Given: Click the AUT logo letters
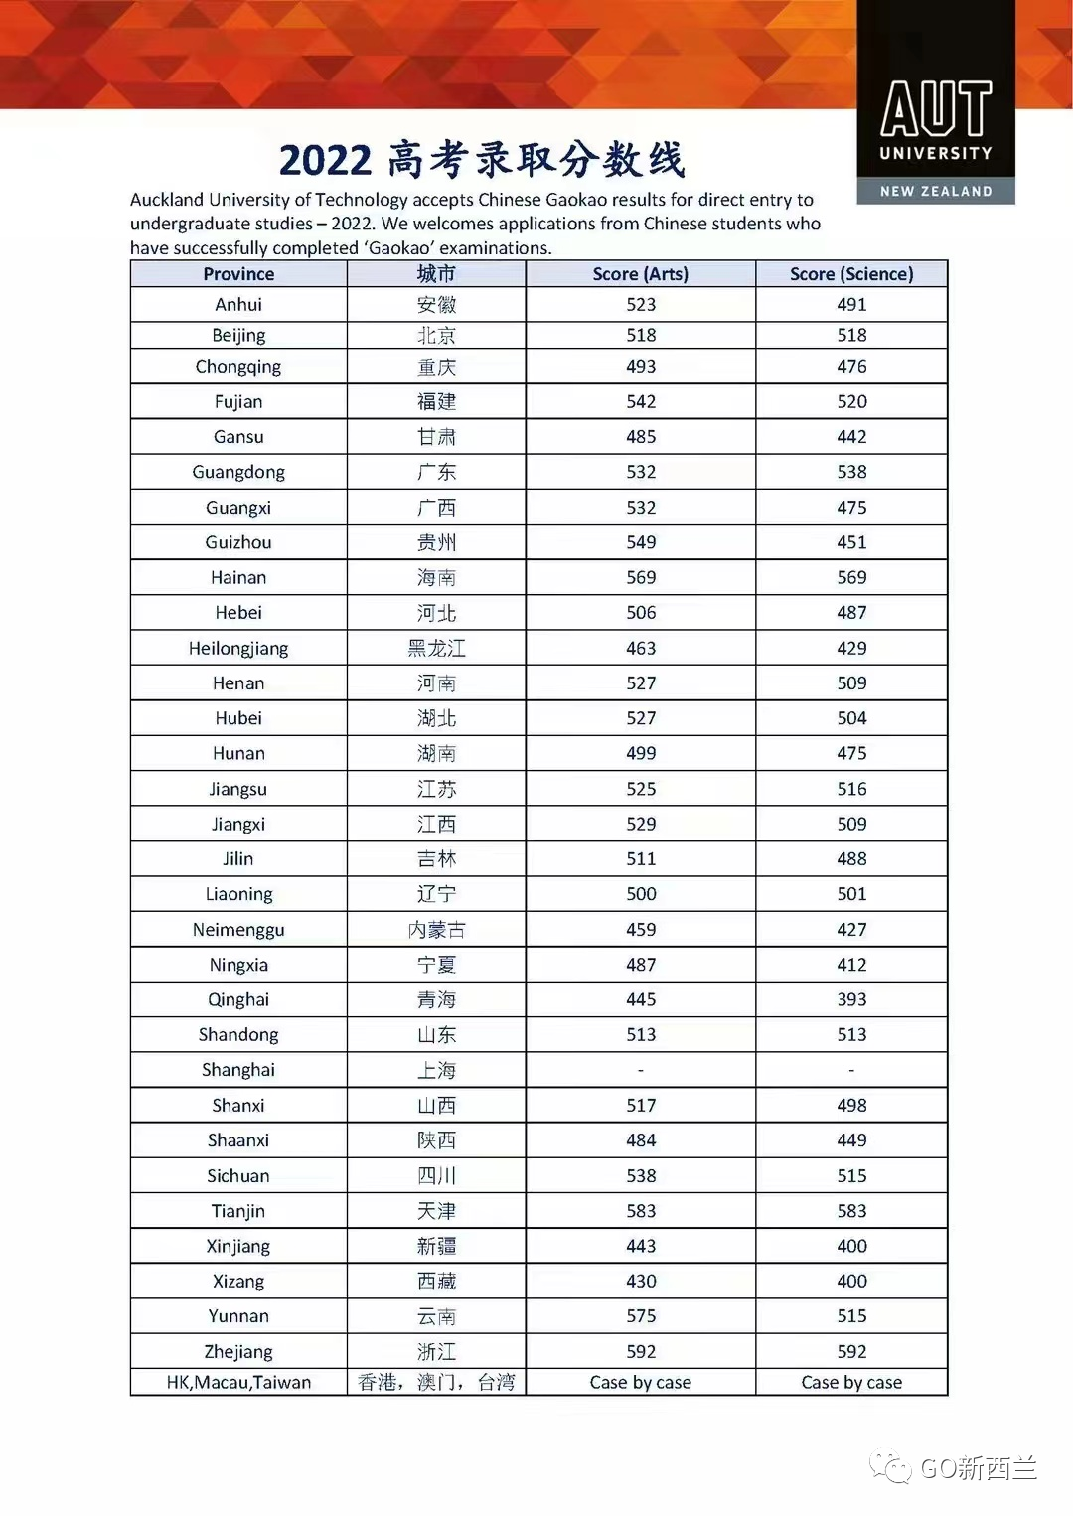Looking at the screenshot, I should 936,108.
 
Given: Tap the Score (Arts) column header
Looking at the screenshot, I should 640,274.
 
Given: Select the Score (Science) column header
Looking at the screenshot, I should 851,274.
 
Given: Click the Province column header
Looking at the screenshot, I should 238,274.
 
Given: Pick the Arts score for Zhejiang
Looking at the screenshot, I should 641,1351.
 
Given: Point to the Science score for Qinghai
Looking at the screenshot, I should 851,999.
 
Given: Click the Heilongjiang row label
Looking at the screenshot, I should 238,649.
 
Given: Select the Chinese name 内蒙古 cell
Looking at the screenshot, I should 436,930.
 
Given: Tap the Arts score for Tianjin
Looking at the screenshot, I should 641,1211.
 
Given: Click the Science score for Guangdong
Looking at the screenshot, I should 851,472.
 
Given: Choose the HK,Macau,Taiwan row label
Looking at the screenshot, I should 238,1382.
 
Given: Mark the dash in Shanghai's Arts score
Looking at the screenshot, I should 641,1070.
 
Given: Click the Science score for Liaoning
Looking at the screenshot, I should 851,894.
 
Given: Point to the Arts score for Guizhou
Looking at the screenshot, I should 641,542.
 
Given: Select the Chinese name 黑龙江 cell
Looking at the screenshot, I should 436,649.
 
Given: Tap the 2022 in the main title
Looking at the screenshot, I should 325,161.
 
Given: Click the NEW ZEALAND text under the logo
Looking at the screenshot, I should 936,191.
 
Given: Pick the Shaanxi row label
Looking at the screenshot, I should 238,1140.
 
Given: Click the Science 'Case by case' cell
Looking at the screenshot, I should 851,1382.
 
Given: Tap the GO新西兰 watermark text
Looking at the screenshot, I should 978,1467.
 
